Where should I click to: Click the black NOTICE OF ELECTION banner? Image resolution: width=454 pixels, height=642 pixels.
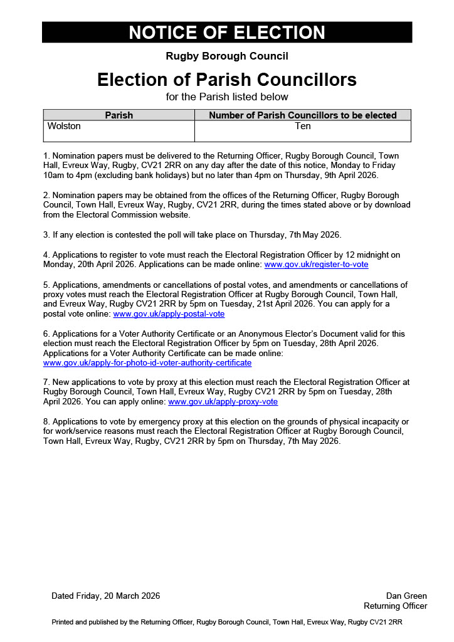(x=227, y=33)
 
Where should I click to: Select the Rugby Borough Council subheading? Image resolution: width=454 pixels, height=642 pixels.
(x=227, y=56)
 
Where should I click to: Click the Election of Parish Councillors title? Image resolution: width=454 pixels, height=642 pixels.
(x=227, y=80)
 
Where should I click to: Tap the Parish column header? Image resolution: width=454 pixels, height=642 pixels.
(x=119, y=115)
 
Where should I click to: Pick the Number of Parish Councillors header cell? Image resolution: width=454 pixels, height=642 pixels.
(x=303, y=115)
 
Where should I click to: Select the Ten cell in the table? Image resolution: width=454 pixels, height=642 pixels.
(x=303, y=127)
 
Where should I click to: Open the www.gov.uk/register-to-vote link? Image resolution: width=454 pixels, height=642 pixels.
(x=316, y=265)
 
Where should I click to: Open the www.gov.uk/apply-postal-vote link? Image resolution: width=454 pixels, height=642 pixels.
(x=169, y=313)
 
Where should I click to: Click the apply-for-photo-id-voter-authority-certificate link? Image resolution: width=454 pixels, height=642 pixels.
(x=147, y=362)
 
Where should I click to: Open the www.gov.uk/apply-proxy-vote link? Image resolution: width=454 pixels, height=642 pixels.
(x=223, y=401)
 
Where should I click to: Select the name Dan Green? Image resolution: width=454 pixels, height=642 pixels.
(x=406, y=596)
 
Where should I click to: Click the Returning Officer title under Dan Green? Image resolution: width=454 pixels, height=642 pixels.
(x=395, y=606)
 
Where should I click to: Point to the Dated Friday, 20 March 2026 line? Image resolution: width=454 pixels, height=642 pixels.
(x=105, y=596)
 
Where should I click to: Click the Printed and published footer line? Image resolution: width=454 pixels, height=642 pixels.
(x=227, y=623)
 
